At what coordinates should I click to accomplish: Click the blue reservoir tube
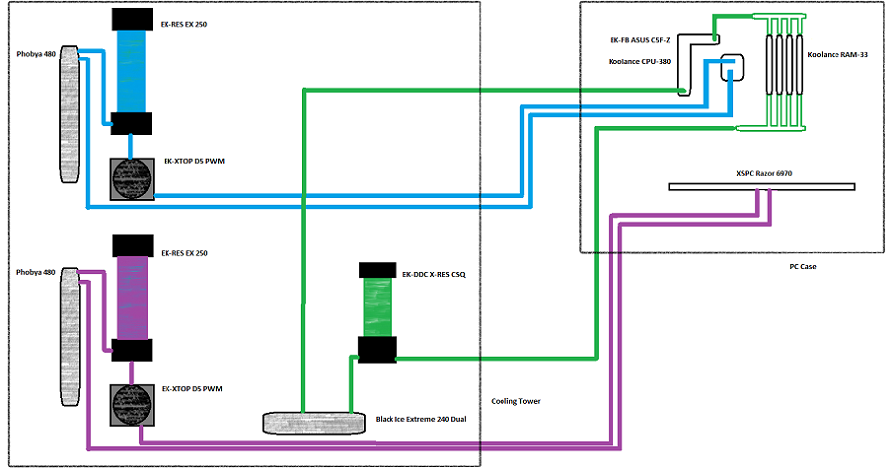pos(131,69)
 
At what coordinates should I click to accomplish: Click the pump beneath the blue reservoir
pos(131,180)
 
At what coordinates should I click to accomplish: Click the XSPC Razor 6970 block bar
pos(761,186)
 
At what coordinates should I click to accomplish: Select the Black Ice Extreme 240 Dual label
pos(420,420)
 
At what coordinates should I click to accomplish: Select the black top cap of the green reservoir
pos(378,269)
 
